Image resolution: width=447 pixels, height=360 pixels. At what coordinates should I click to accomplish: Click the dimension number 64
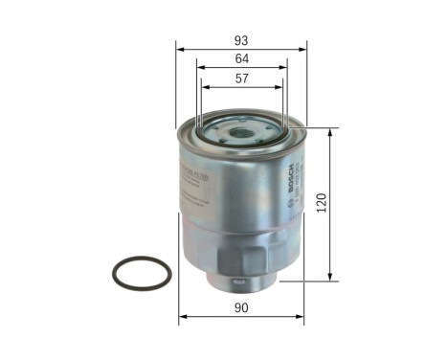[x=242, y=59]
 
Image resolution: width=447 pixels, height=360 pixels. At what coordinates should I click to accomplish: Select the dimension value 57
[x=242, y=79]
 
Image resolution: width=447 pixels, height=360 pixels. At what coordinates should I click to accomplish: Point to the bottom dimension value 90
[x=242, y=308]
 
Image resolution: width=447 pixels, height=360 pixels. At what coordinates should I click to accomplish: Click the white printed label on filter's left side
[x=200, y=182]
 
